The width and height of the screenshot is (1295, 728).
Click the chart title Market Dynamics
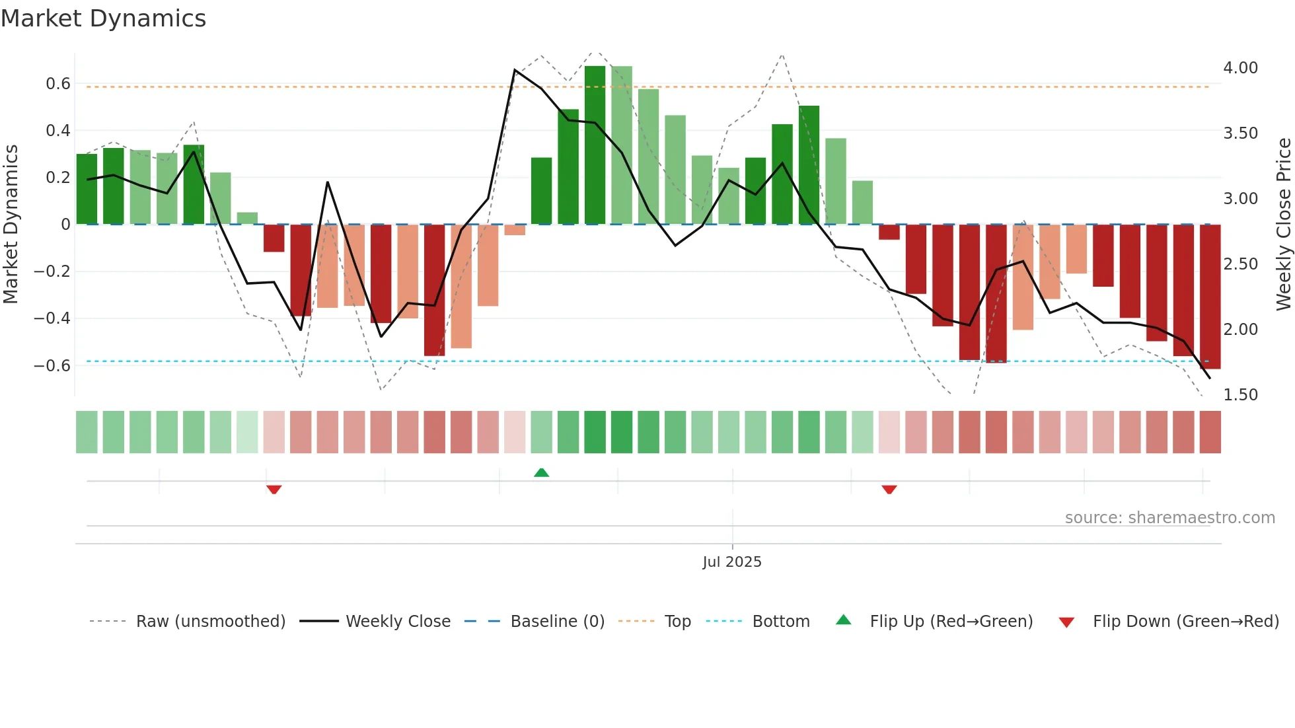tap(103, 18)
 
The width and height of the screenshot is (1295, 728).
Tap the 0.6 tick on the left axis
tap(58, 84)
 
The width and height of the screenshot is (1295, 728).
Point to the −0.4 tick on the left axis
tap(52, 318)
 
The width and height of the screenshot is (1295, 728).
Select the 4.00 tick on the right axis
tap(1240, 68)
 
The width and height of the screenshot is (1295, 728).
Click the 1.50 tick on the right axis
tap(1240, 395)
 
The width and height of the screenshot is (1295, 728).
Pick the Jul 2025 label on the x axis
tap(731, 562)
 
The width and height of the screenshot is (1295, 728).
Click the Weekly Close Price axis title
tap(1283, 224)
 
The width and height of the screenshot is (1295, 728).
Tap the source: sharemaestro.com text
tap(1169, 518)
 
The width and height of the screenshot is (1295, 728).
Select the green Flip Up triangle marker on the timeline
tap(541, 472)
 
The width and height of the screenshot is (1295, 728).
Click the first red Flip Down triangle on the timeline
tap(274, 490)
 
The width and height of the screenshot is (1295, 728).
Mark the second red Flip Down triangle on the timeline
tap(889, 490)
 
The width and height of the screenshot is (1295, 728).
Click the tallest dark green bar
tap(595, 145)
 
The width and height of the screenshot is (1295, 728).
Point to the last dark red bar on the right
tap(1210, 297)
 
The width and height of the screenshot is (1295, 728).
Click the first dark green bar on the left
tap(87, 189)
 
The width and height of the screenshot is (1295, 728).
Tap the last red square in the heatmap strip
tap(1210, 432)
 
